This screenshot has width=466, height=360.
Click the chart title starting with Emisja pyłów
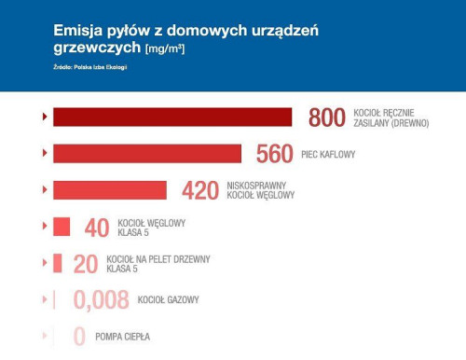[x=186, y=38]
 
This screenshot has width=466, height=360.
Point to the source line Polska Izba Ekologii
[x=89, y=67]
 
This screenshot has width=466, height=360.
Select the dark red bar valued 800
[x=172, y=117]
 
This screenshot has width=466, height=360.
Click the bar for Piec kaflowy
[x=147, y=153]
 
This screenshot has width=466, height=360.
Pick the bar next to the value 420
[x=110, y=190]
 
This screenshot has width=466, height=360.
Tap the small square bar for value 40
[x=62, y=227]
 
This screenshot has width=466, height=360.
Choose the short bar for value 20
[x=58, y=263]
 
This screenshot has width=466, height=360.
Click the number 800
[x=327, y=118]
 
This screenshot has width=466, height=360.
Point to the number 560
[x=275, y=154]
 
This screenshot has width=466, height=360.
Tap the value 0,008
[x=101, y=300]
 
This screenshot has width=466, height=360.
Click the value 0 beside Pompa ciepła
[x=79, y=337]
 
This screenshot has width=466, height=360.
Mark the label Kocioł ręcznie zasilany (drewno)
[x=392, y=118]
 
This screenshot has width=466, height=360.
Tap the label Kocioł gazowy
[x=169, y=300]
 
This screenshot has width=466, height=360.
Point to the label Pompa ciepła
[x=123, y=337]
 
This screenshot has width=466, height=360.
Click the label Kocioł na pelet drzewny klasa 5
[x=158, y=264]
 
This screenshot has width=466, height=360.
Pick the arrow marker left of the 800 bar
[x=45, y=117]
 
